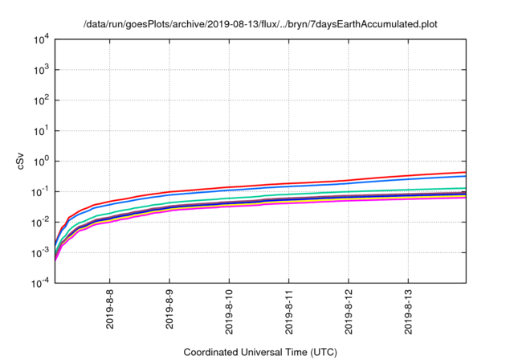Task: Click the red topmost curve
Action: [321, 182]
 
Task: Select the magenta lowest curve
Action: [321, 202]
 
